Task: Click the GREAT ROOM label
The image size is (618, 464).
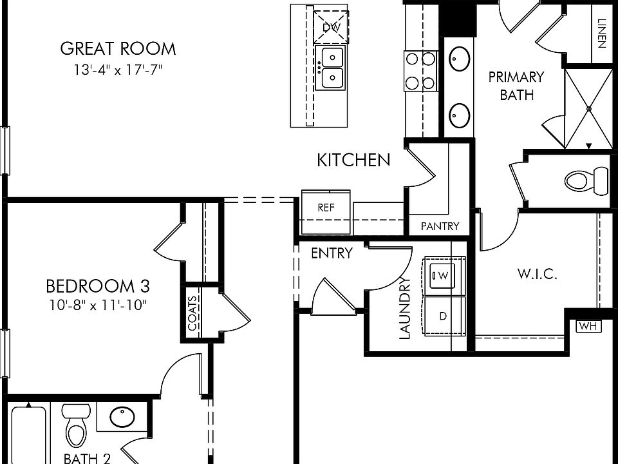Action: point(117,48)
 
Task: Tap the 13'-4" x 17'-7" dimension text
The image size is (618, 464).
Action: point(117,70)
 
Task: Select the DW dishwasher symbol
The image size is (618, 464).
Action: point(331,27)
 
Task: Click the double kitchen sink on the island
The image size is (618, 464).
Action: point(332,68)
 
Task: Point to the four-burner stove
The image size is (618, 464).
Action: point(420,71)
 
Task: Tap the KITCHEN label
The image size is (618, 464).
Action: point(353,160)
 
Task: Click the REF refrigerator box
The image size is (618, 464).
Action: point(326,208)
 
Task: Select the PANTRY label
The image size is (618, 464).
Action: point(440,226)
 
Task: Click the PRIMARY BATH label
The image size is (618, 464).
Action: point(516,85)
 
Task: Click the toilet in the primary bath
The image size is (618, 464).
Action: point(587,180)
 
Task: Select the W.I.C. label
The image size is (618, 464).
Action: point(537,274)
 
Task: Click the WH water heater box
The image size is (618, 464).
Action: point(588,326)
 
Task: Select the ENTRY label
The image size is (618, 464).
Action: point(332,253)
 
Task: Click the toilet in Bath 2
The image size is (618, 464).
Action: point(77,427)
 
